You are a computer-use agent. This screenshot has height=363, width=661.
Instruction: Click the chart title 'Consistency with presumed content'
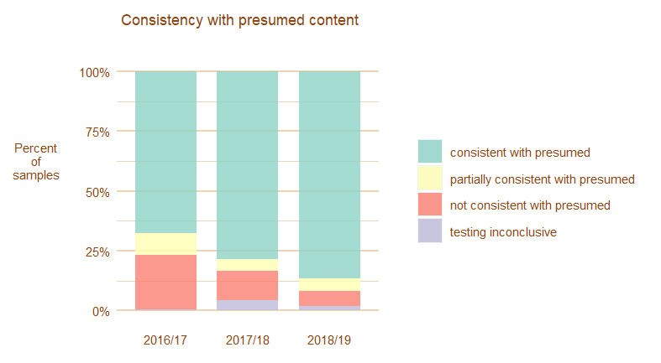tap(239, 19)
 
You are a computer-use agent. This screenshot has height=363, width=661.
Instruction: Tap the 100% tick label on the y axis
tap(95, 72)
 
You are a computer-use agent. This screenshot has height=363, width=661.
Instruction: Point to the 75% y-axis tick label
tap(97, 132)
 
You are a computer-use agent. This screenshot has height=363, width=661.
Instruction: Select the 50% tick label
tap(97, 192)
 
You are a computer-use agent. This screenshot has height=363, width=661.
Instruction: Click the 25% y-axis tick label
tap(97, 252)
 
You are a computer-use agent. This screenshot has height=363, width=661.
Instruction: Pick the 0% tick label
tap(101, 311)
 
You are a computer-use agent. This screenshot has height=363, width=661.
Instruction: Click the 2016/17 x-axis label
tap(165, 340)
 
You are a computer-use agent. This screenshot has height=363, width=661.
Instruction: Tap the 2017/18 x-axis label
tap(248, 340)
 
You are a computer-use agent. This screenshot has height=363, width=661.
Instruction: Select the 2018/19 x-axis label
tap(329, 340)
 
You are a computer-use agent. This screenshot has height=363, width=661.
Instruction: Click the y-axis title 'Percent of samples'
tap(36, 162)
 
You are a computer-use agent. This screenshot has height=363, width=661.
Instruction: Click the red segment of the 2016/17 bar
tap(165, 283)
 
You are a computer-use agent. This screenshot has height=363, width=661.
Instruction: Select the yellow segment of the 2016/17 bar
tap(165, 244)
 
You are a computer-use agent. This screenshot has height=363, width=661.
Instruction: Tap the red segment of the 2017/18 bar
tap(248, 285)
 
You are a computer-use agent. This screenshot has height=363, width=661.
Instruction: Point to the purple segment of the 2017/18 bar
tap(248, 305)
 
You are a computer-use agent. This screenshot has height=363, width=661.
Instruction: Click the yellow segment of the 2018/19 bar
tap(329, 285)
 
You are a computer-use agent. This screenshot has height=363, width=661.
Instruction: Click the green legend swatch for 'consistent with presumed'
tap(430, 152)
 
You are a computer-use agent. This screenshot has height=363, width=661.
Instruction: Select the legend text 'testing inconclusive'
tap(503, 232)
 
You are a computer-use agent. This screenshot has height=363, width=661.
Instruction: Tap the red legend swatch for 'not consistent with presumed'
tap(430, 205)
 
